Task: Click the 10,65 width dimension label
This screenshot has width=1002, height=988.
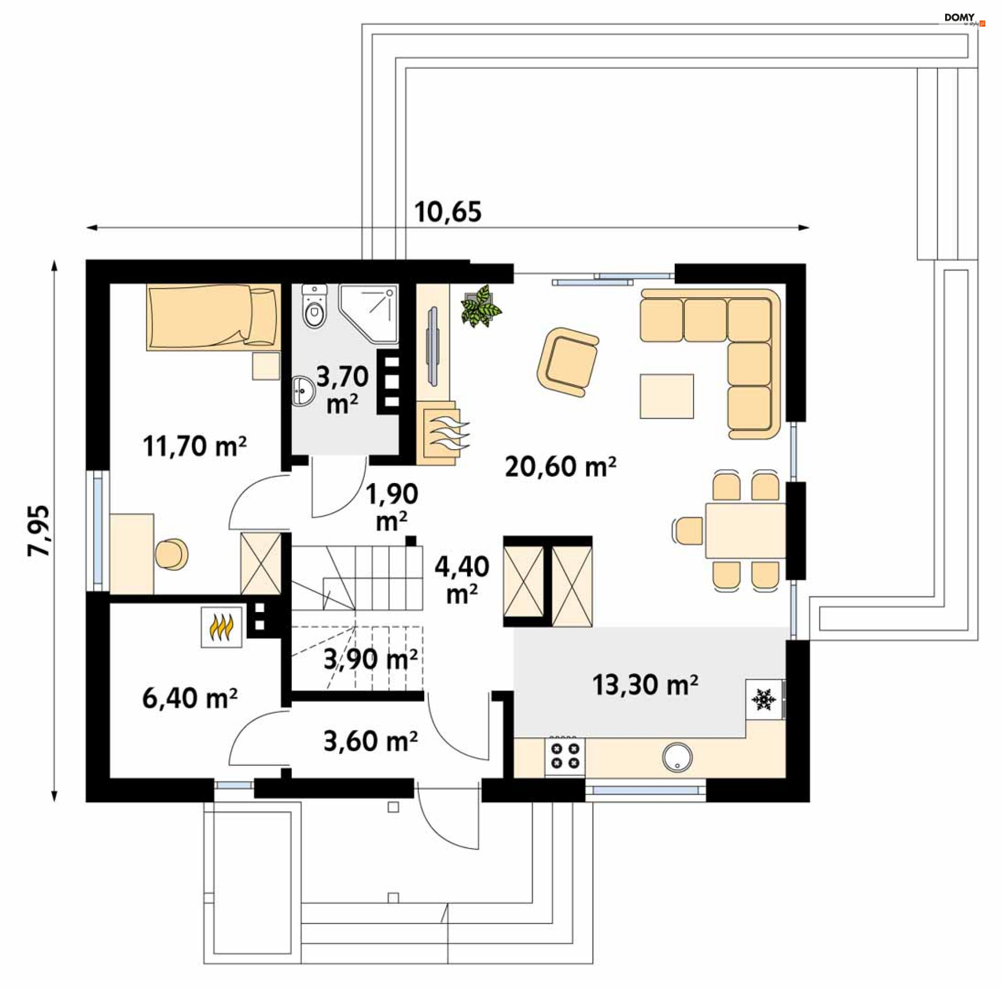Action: pos(448,212)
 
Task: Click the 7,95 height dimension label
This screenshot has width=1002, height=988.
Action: pos(39,530)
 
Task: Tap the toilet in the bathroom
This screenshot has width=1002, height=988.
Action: pos(314,308)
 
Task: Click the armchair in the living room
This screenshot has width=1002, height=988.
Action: pos(567,361)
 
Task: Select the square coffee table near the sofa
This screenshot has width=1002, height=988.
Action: pos(666,396)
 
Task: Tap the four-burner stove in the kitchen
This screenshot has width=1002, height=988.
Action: pos(565,756)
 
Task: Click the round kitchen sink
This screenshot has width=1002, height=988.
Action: pos(677,757)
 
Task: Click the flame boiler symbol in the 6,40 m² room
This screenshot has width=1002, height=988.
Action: pos(221,627)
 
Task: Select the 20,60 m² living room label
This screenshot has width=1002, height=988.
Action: pos(560,466)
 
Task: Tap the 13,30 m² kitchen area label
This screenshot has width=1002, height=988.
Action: pos(645,685)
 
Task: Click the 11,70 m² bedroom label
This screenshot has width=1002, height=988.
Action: pos(194,446)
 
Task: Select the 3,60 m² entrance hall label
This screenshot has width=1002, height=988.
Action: pos(370,741)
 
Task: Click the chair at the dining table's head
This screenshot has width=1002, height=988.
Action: pos(688,531)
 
